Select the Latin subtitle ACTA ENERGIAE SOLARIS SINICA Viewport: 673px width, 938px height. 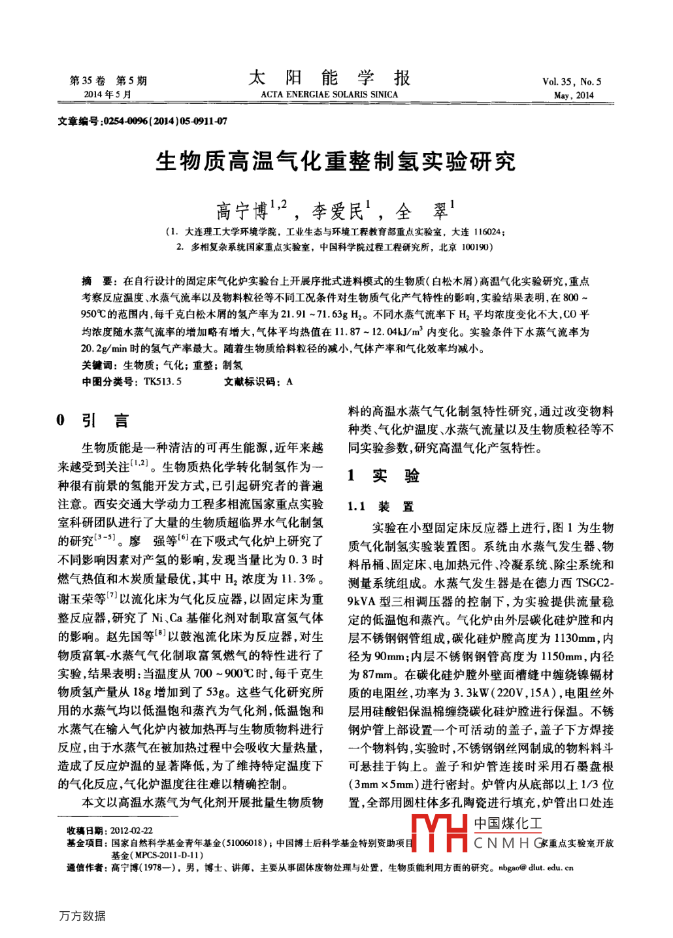(329, 95)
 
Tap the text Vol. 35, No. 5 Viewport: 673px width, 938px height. (572, 82)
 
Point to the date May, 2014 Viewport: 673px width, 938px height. (574, 95)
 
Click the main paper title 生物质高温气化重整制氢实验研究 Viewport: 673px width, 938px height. (336, 161)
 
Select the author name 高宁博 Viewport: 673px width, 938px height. (242, 211)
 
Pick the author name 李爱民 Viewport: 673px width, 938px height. (337, 211)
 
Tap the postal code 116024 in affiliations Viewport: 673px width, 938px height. (488, 232)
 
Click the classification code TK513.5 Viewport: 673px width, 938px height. (163, 382)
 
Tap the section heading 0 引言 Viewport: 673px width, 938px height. (93, 420)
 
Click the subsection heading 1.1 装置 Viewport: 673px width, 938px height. (380, 507)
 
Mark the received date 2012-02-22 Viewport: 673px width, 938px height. (131, 830)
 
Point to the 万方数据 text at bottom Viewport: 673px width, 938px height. (82, 916)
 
